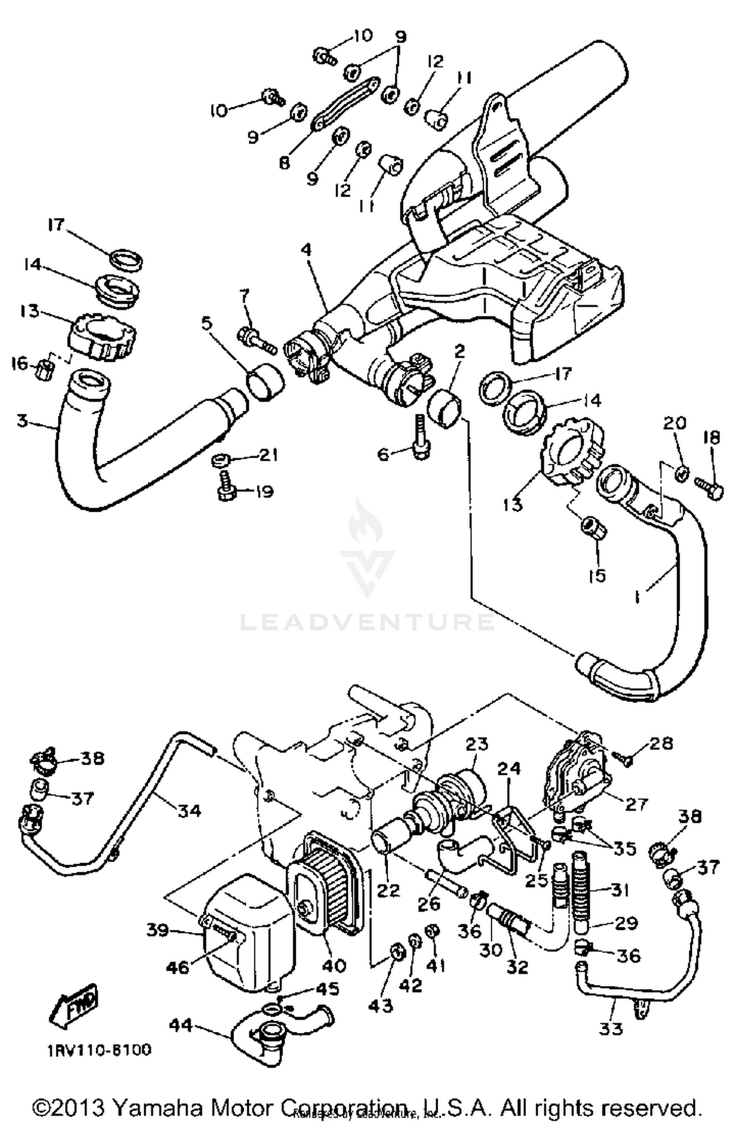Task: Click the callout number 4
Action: tap(306, 250)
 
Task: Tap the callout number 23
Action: tap(476, 744)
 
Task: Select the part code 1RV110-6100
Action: tap(99, 1051)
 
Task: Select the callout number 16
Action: tap(20, 364)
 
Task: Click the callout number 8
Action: tap(285, 162)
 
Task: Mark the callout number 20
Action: tap(674, 423)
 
